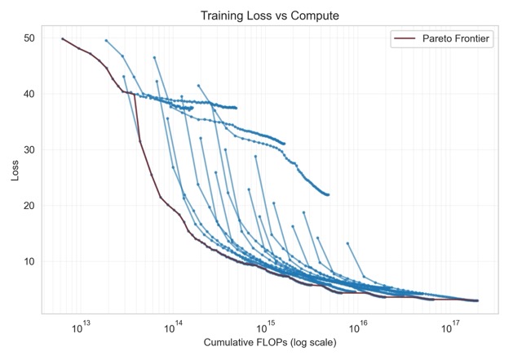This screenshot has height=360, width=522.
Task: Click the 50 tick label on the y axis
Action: tap(29, 38)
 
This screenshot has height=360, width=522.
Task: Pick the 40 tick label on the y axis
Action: tap(29, 94)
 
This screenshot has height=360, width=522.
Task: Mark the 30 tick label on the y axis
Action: tap(29, 150)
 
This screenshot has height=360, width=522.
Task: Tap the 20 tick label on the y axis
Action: tap(29, 206)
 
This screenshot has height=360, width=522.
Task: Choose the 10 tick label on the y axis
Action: tap(29, 261)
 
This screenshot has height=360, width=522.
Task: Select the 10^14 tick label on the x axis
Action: tap(174, 327)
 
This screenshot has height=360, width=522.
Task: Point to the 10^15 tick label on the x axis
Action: tap(266, 327)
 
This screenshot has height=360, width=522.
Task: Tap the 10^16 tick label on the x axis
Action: tap(358, 327)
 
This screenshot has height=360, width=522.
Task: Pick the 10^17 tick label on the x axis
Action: tap(450, 327)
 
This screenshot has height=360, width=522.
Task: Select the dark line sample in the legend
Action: tap(405, 38)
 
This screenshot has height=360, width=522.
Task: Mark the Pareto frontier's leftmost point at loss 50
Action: tap(63, 38)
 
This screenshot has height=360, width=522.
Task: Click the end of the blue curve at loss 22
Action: tap(328, 194)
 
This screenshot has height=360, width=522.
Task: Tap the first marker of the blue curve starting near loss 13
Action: tap(347, 243)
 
